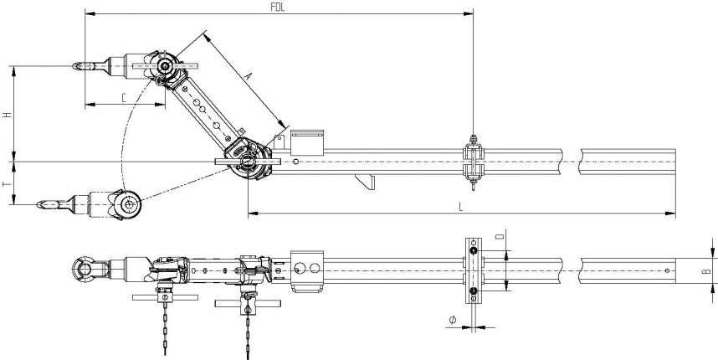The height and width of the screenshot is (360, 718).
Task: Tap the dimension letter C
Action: pyautogui.click(x=124, y=97)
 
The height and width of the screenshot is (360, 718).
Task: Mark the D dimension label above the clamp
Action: pyautogui.click(x=500, y=239)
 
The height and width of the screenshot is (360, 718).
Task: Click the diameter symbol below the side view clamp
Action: pyautogui.click(x=452, y=319)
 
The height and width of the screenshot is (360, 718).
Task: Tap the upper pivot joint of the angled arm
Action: pyautogui.click(x=166, y=67)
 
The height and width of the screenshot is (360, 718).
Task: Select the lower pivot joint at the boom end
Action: pyautogui.click(x=249, y=162)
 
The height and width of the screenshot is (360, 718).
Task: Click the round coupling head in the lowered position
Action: pyautogui.click(x=129, y=203)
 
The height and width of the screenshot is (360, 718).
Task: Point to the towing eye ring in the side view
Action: pyautogui.click(x=83, y=270)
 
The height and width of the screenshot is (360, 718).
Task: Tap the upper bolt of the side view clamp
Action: pyautogui.click(x=473, y=250)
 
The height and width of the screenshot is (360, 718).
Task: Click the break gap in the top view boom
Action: pyautogui.click(x=579, y=158)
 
